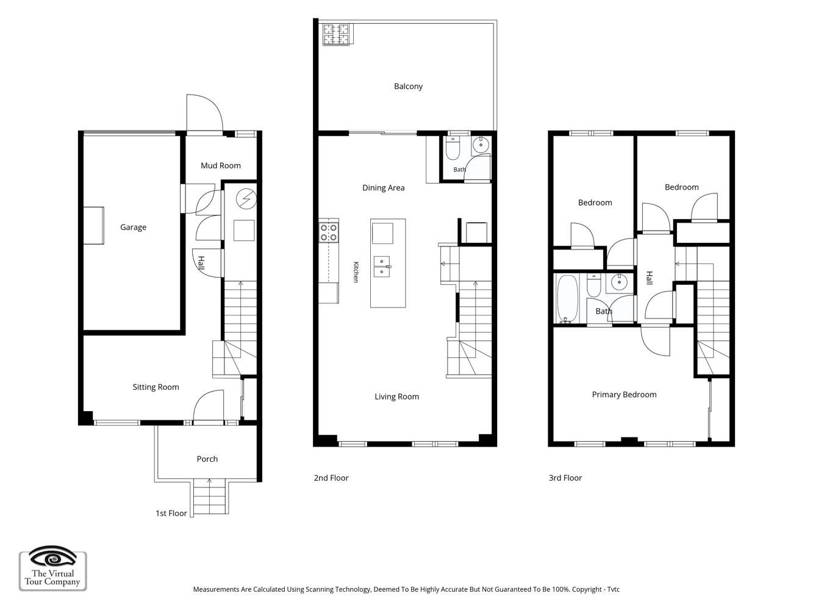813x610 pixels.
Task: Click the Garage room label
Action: [133, 227]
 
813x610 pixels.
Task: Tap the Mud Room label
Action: [221, 165]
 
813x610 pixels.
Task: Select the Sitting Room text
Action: [156, 387]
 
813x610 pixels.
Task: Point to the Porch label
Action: [207, 459]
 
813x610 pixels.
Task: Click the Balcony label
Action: [408, 86]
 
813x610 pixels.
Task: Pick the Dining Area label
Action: [384, 188]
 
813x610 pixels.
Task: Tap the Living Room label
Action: [396, 396]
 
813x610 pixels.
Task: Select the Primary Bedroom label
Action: [624, 395]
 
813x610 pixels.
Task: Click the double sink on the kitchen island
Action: [382, 267]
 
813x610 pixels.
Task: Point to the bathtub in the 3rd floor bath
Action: [567, 299]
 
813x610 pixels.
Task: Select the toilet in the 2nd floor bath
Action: [453, 148]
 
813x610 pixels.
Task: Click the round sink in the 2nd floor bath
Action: [481, 145]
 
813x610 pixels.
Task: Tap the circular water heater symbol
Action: [246, 199]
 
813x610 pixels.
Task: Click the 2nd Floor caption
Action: [331, 478]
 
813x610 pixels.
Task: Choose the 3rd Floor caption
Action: [565, 478]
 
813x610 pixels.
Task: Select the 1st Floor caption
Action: [171, 513]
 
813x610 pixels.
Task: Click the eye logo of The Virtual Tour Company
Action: [52, 557]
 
